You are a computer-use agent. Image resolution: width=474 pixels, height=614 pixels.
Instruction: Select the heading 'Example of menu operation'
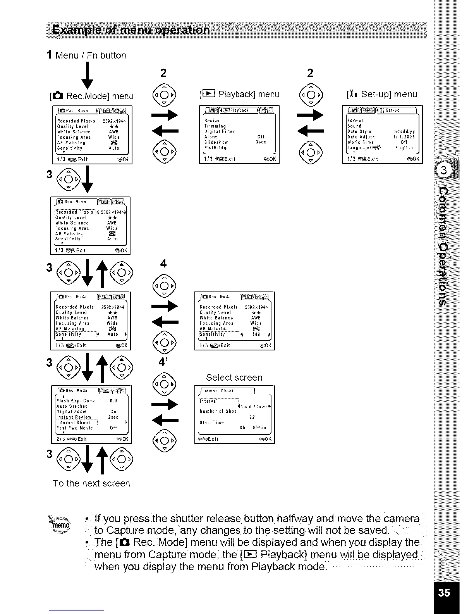132,30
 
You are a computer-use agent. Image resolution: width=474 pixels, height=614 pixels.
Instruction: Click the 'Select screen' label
234,378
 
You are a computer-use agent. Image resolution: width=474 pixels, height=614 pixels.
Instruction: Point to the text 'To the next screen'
91,483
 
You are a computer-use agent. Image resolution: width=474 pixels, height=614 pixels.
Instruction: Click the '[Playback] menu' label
239,94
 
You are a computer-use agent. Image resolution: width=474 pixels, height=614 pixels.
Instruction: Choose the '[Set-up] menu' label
382,94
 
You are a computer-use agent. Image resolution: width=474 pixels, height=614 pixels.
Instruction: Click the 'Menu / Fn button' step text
90,55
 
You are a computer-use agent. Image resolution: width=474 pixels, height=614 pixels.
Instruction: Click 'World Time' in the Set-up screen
361,142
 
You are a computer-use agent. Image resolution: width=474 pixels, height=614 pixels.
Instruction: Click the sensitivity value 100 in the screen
256,334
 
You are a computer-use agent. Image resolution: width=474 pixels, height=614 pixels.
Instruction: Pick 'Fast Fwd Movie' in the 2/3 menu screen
75,428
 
